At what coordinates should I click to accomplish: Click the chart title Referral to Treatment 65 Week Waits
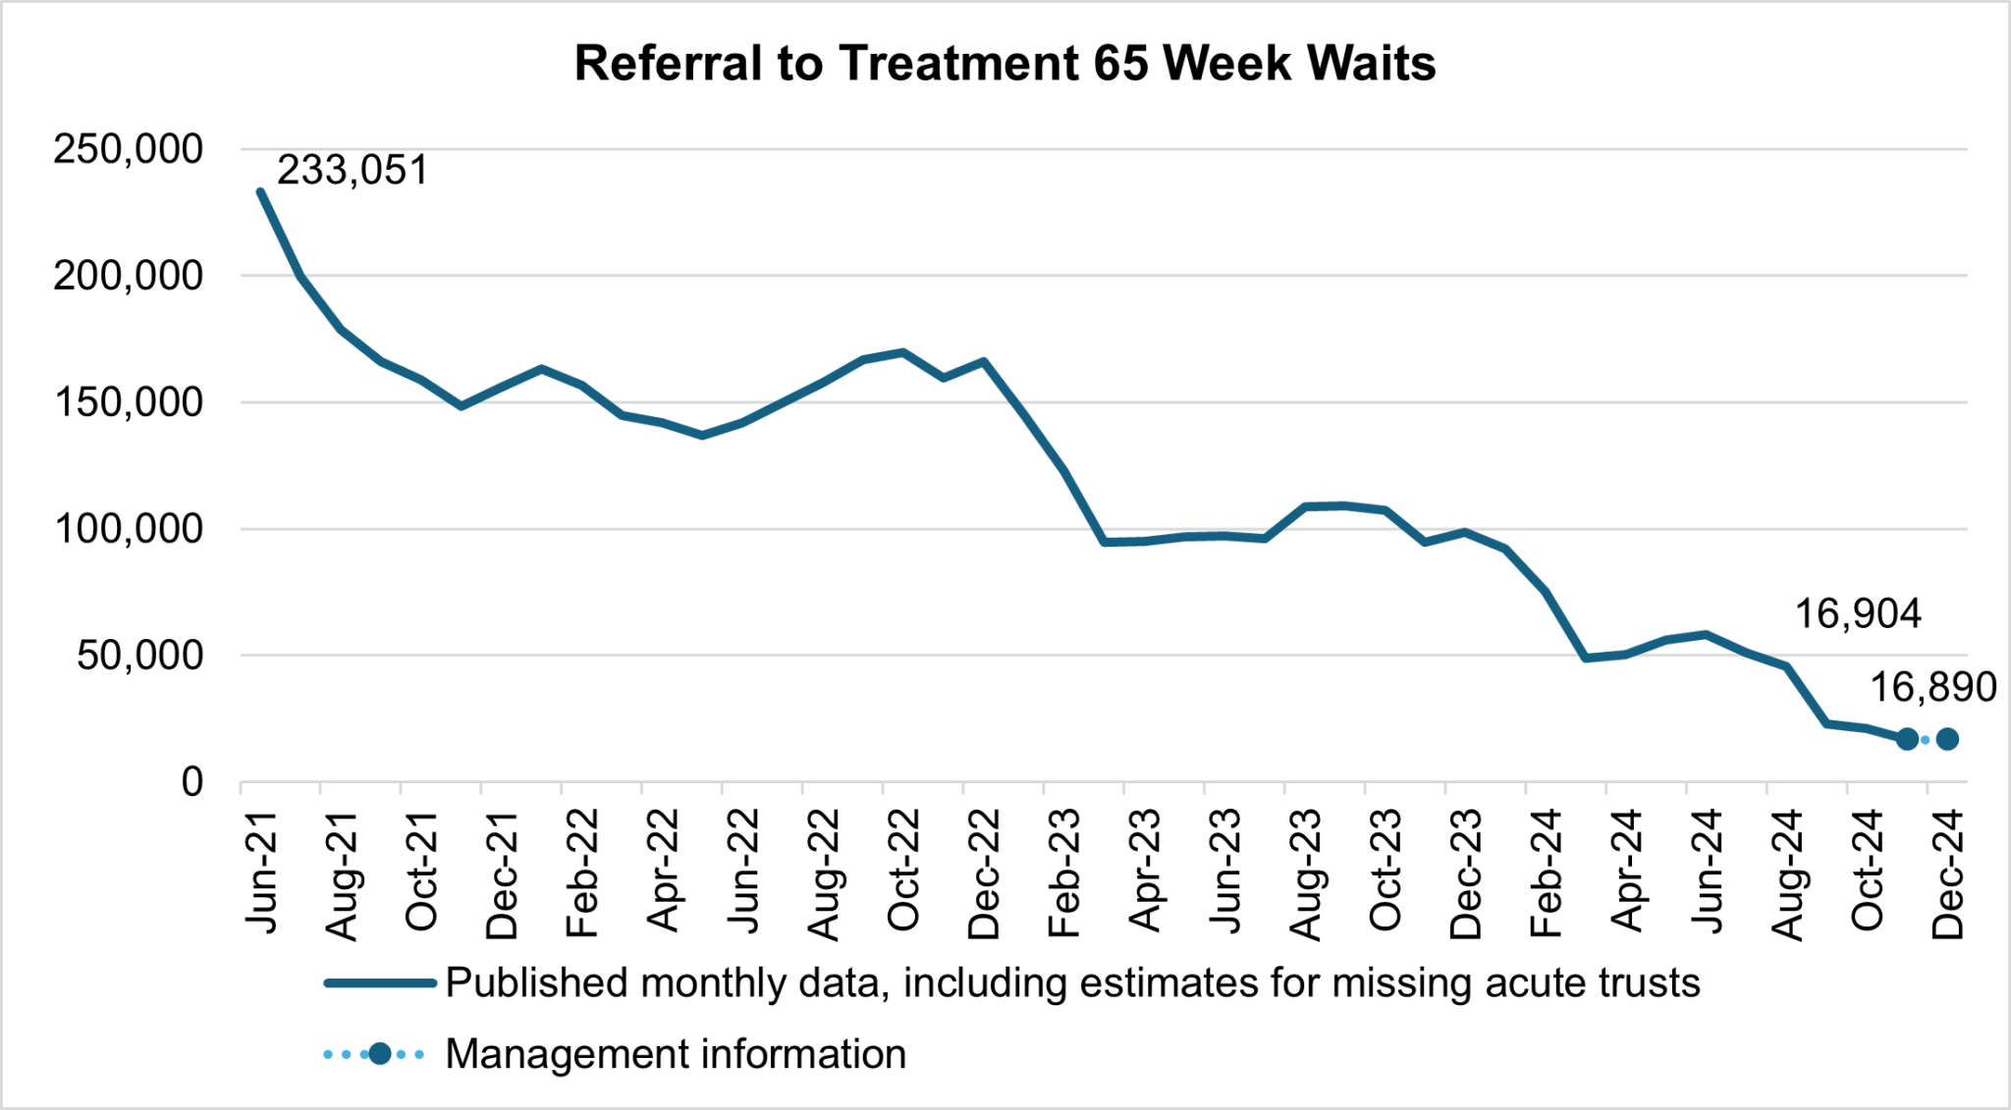click(1005, 64)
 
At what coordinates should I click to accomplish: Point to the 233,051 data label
click(353, 171)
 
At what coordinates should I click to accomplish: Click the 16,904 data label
click(1857, 614)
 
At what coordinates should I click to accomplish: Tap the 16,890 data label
click(1931, 687)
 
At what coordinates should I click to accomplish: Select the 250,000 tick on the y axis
click(128, 150)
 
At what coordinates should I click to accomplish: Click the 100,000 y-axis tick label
click(128, 530)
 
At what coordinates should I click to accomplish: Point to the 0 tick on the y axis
click(191, 783)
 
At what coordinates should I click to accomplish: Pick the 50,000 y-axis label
click(139, 657)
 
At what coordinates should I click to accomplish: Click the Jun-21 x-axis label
click(261, 872)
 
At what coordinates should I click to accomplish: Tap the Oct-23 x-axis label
click(1386, 872)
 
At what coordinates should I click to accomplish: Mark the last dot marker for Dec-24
click(1948, 739)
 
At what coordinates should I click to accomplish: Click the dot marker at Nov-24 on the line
click(1907, 739)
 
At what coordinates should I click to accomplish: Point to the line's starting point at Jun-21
click(260, 191)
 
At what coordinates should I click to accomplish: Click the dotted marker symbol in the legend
click(379, 1054)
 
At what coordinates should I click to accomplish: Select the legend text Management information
click(676, 1054)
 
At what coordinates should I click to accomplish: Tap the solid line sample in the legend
click(380, 982)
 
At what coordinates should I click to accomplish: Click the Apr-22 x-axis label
click(663, 872)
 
